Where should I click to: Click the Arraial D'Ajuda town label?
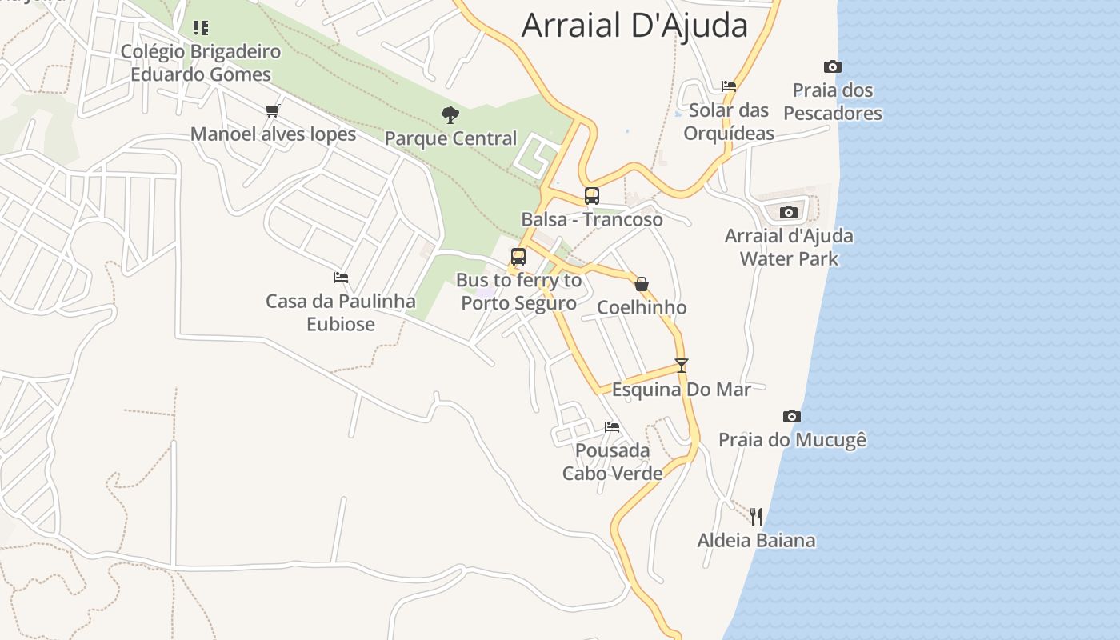pos(634,25)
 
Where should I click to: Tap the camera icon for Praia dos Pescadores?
pos(832,66)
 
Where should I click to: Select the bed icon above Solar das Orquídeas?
pos(728,86)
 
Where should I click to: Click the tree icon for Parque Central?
pos(450,114)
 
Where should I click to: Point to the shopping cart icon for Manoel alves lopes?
pos(273,110)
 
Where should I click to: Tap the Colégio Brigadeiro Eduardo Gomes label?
pos(201,62)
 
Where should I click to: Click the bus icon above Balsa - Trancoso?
pos(592,195)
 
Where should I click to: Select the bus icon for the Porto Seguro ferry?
pos(518,257)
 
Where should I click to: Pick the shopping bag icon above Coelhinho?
pos(641,283)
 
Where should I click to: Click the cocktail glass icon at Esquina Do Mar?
pos(682,366)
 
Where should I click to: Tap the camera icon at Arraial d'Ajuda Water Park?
pos(789,212)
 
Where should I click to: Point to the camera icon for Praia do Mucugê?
pos(792,416)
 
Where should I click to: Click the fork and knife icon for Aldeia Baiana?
pos(756,516)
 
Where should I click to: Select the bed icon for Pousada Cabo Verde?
pos(612,426)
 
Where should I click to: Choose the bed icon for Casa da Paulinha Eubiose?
pos(341,278)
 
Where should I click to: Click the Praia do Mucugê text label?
pos(792,439)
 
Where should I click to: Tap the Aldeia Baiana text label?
pos(756,540)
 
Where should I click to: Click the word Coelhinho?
pos(642,307)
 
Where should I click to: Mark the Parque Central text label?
pos(450,138)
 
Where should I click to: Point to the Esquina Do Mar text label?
pos(682,390)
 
